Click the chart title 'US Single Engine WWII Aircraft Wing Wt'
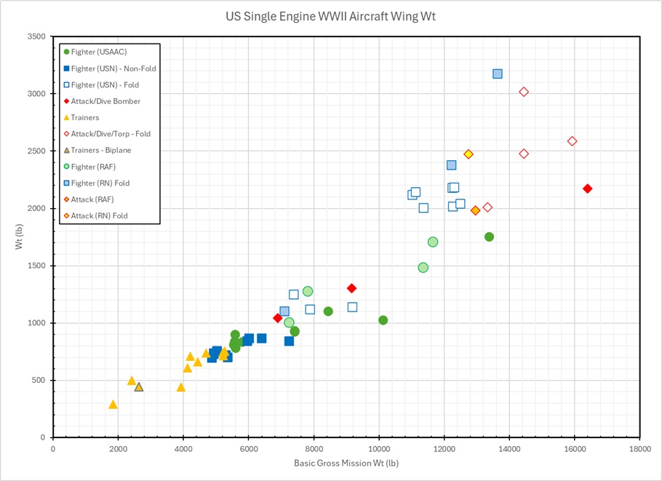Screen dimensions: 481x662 [x=331, y=16]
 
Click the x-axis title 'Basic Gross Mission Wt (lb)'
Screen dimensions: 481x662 [x=346, y=464]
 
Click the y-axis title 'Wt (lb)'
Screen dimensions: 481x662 [x=20, y=237]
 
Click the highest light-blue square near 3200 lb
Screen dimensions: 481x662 [x=498, y=74]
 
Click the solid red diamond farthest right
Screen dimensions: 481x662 [x=588, y=189]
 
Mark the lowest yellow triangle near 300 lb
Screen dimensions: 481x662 [x=113, y=405]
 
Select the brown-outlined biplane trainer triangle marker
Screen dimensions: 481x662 [x=139, y=387]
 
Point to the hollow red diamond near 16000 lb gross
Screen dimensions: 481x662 [x=572, y=141]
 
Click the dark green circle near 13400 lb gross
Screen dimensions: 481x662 [x=489, y=237]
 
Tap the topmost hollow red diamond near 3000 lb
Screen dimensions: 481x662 [x=524, y=92]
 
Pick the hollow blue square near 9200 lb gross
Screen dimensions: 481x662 [x=352, y=307]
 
